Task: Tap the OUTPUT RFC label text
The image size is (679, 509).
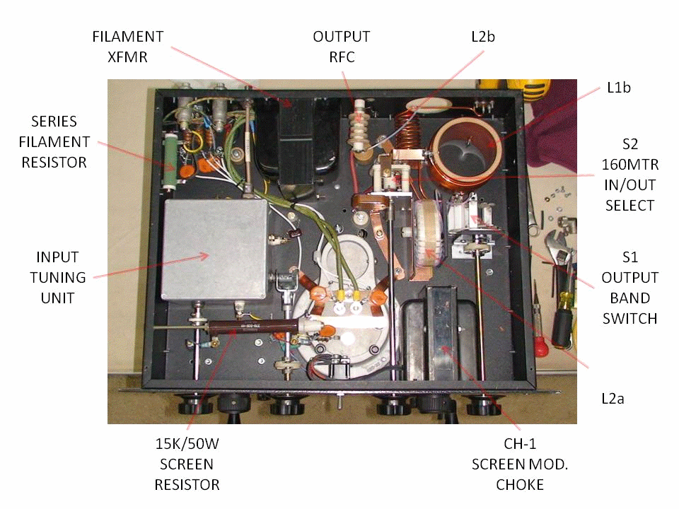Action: point(341,46)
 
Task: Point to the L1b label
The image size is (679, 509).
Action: point(618,88)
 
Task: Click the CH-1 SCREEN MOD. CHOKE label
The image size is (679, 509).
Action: point(509,464)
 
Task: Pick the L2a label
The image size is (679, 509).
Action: point(608,399)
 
